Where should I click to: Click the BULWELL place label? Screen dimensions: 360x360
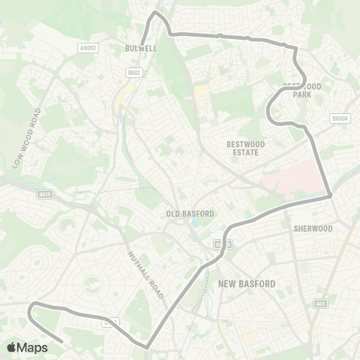click(x=140, y=47)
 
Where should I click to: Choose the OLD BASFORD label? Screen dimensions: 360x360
click(x=190, y=214)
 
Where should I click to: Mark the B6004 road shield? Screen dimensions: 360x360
click(x=340, y=118)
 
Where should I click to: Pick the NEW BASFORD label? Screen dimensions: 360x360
click(x=247, y=283)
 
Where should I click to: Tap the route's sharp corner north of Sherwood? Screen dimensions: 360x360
click(x=330, y=196)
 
